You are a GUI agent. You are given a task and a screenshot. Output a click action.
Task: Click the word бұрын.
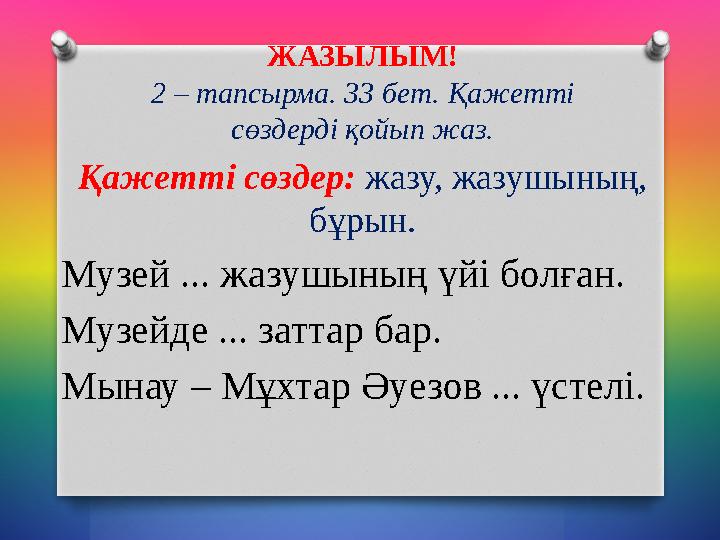[360, 219]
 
